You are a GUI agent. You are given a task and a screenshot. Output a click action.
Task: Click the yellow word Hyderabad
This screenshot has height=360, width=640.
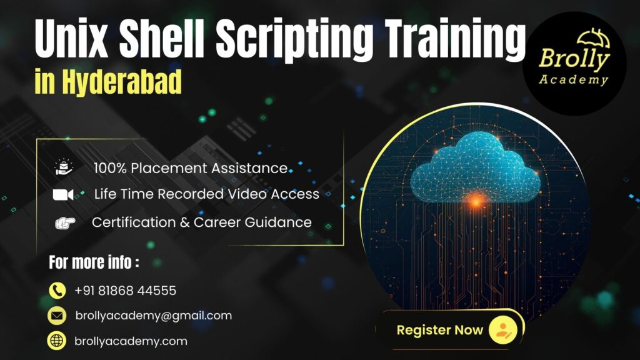pos(122,81)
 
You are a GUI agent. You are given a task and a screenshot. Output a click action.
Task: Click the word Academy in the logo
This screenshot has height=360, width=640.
pos(573,80)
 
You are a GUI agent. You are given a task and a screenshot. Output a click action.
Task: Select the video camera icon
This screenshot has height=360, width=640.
pos(63,194)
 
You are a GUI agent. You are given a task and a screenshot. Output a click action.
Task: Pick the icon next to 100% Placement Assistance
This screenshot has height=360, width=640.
pos(64,167)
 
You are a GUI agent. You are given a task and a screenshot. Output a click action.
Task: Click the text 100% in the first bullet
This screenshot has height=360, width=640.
pos(108,168)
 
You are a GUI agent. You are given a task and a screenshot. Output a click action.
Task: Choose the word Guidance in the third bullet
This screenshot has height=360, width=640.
pos(280,222)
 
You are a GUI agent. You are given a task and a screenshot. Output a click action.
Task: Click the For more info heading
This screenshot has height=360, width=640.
pos(94,262)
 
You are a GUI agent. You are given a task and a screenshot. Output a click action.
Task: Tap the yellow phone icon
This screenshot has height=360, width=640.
pos(57,291)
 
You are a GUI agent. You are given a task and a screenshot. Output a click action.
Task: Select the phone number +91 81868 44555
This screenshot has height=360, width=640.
pos(125,291)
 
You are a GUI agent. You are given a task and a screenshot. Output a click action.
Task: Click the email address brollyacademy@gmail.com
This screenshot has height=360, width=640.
pos(153,316)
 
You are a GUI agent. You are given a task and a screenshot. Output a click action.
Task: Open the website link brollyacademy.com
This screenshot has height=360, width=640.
pos(131,341)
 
